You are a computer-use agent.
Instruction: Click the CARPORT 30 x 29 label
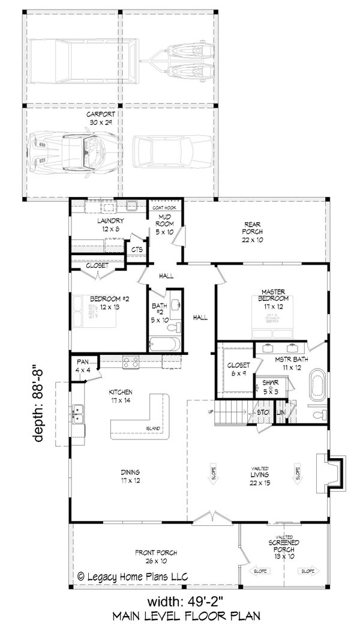pyautogui.click(x=100, y=117)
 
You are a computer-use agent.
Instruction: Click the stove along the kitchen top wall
pyautogui.click(x=131, y=361)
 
